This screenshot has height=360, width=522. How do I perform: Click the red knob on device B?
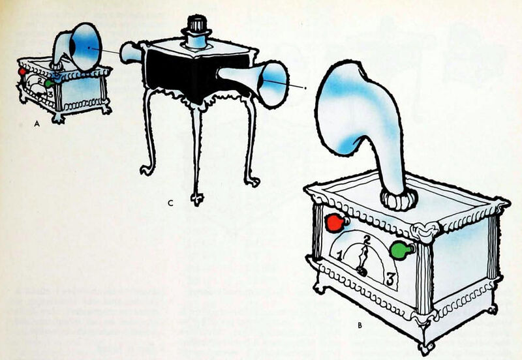[335, 223]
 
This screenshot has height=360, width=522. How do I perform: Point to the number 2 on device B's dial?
[367, 239]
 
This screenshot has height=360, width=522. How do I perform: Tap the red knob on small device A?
[23, 70]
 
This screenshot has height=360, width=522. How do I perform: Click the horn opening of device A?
[87, 46]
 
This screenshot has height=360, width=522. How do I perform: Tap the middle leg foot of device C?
[196, 196]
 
